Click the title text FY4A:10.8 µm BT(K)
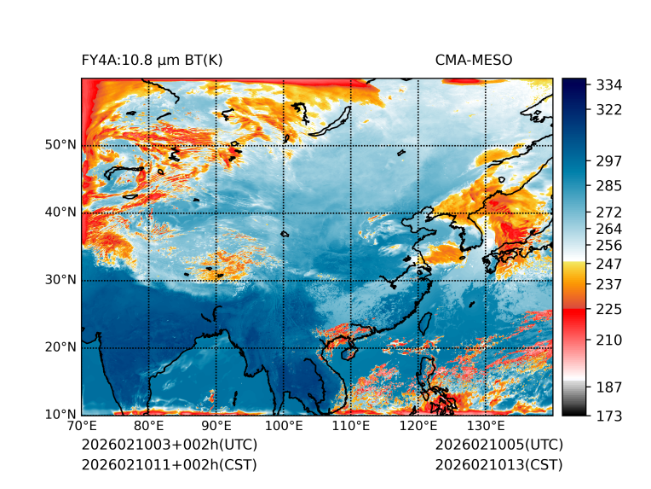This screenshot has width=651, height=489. click(x=153, y=60)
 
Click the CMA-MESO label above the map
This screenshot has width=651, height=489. click(x=474, y=60)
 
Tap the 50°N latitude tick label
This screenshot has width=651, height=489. click(x=60, y=145)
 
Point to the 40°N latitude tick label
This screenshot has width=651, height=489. click(x=60, y=212)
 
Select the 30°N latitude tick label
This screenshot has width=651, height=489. click(x=60, y=280)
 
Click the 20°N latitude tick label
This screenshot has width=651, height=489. click(x=60, y=347)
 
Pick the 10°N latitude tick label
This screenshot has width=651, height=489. click(x=60, y=415)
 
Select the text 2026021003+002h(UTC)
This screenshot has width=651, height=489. click(x=169, y=445)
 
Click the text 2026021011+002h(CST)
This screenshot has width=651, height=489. click(x=169, y=465)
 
